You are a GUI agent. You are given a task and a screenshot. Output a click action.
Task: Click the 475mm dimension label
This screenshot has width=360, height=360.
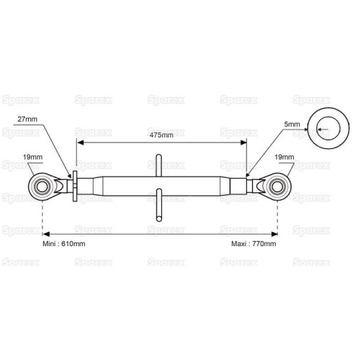[x=161, y=135]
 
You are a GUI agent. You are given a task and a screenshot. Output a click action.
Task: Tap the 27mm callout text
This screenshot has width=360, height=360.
[x=27, y=119]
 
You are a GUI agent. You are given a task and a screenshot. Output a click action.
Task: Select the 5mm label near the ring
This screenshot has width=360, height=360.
[x=292, y=125]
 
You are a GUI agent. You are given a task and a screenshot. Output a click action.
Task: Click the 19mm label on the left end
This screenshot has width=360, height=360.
[x=32, y=157]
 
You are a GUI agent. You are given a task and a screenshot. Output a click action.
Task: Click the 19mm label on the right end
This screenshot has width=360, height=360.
[x=284, y=157]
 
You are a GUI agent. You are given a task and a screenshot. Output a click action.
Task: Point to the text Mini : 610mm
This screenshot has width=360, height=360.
[x=64, y=244]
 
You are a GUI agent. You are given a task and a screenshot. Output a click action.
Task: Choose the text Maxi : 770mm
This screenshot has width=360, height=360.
[x=253, y=244]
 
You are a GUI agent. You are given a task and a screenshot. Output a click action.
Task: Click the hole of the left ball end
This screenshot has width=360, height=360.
[x=42, y=187]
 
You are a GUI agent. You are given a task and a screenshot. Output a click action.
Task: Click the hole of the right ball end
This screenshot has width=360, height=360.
[x=277, y=187]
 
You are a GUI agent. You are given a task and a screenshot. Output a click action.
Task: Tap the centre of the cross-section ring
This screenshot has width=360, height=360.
[x=328, y=128]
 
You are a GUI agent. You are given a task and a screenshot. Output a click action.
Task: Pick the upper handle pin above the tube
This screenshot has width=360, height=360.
[x=158, y=166]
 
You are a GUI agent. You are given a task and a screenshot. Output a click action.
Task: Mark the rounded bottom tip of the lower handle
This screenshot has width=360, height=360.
[x=158, y=219]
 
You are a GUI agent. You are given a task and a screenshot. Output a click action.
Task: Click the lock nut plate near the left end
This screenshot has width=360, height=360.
[x=75, y=186]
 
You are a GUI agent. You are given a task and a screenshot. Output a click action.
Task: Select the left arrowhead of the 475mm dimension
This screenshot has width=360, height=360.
[x=80, y=143]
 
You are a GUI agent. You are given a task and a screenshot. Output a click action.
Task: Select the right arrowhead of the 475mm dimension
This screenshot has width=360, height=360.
[x=243, y=143]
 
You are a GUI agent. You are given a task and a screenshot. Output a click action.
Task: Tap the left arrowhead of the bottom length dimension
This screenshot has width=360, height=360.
[x=46, y=234]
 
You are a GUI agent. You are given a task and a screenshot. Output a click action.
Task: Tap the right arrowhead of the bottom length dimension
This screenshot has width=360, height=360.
[x=274, y=234]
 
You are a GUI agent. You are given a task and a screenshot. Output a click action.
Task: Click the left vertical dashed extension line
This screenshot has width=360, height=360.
[x=42, y=217]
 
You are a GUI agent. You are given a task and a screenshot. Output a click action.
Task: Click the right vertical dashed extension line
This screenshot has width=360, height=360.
[x=278, y=217]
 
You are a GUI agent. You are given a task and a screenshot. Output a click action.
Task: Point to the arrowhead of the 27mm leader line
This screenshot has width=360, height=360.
[x=70, y=175]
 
